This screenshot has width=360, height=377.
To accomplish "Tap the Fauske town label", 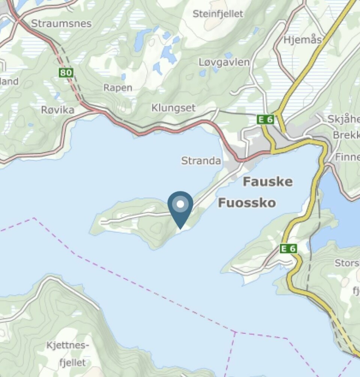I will click(x=267, y=182).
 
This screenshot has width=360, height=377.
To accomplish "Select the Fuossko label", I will click(x=247, y=203).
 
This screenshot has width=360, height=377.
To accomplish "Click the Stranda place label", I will click(x=201, y=161).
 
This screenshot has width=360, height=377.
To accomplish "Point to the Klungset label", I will click(x=173, y=108).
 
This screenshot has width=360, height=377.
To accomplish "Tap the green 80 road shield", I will click(x=66, y=73).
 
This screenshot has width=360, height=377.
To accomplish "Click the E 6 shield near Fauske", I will click(x=265, y=120).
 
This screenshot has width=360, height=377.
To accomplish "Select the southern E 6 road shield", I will click(x=288, y=248).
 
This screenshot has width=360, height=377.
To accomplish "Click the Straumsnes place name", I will click(x=61, y=24).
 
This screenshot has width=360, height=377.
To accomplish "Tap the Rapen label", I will click(x=118, y=88).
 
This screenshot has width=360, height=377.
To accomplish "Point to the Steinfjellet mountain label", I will click(x=218, y=14).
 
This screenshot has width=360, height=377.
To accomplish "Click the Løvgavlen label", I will click(x=224, y=62).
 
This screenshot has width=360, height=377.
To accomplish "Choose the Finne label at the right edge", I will click(x=347, y=157).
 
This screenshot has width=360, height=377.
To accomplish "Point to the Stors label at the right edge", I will click(x=347, y=263).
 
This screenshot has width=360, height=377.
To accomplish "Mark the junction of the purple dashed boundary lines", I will click(x=235, y=332).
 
